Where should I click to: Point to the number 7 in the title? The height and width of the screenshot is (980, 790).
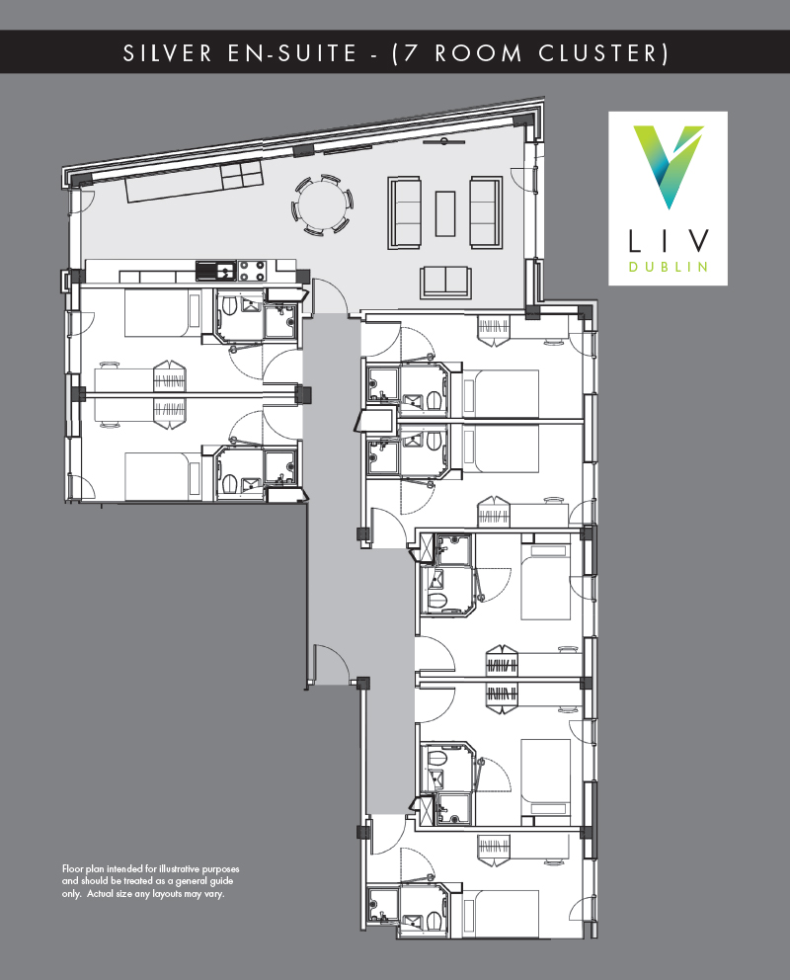coord(411,53)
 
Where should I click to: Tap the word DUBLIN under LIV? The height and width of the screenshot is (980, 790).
coord(668,266)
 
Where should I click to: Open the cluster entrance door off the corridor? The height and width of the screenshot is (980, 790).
coord(331,664)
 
